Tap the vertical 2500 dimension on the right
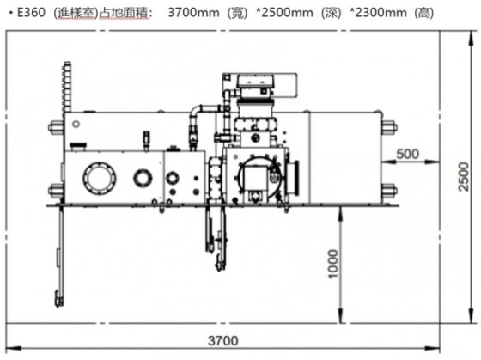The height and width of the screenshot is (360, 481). click(464, 177)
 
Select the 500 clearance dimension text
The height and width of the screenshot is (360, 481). click(410, 154)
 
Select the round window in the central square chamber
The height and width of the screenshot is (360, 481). click(256, 175)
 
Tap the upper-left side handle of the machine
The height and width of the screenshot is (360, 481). click(55, 127)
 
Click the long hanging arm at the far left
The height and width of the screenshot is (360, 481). click(60, 253)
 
